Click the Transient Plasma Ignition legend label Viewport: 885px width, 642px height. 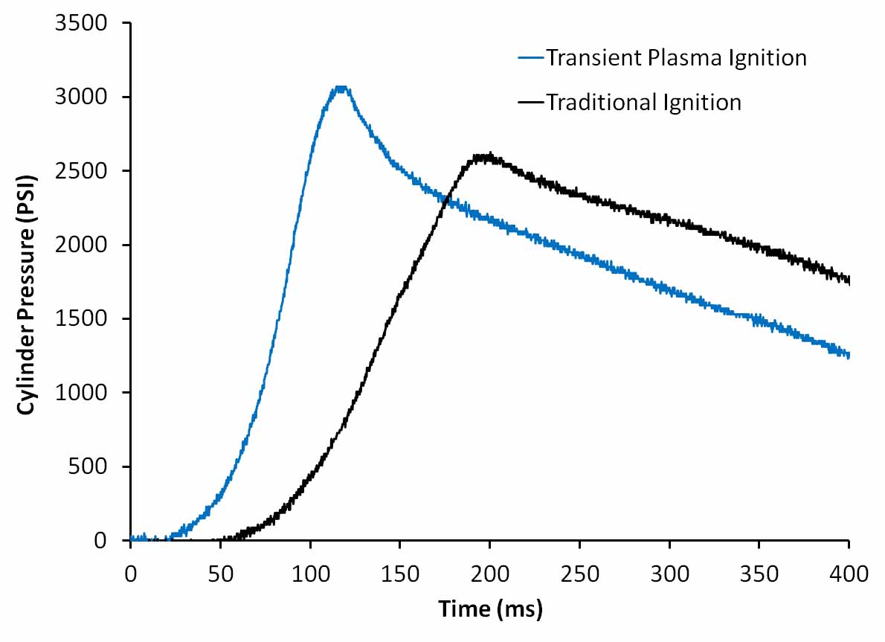tap(676, 58)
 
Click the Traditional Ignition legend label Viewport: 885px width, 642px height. tap(643, 102)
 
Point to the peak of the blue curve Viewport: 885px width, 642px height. tap(341, 88)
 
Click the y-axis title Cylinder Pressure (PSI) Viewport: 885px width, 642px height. tap(27, 282)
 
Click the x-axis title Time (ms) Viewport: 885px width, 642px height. tap(490, 609)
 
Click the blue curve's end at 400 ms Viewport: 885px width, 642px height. tap(848, 356)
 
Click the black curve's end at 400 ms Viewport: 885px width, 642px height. tap(848, 280)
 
